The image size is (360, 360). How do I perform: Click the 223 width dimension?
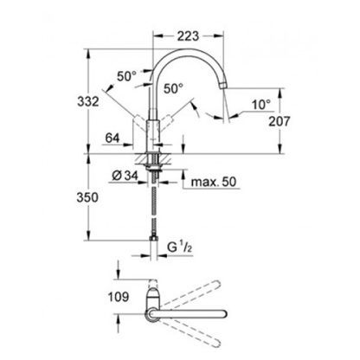pyautogui.click(x=188, y=36)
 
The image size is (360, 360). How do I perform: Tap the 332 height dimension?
pyautogui.click(x=88, y=101)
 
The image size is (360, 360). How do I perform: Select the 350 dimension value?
pyautogui.click(x=87, y=197)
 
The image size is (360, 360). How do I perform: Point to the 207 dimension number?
pyautogui.click(x=279, y=121)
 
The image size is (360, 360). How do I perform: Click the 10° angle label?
pyautogui.click(x=261, y=105)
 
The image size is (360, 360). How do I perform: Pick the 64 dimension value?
pyautogui.click(x=112, y=138)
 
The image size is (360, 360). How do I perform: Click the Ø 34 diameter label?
pyautogui.click(x=125, y=176)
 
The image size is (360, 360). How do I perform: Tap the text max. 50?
pyautogui.click(x=214, y=182)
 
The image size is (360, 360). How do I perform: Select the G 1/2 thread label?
pyautogui.click(x=179, y=247)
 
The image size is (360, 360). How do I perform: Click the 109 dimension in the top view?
pyautogui.click(x=119, y=297)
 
